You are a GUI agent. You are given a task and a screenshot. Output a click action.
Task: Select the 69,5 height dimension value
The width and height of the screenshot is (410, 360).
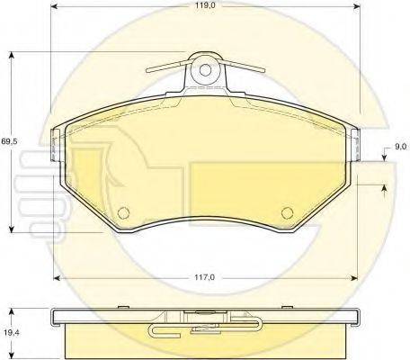pos(9,141)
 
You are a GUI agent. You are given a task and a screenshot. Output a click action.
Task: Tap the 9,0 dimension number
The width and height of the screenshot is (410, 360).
pos(399,147)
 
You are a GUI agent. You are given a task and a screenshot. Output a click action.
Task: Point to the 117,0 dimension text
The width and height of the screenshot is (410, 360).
pos(205,278)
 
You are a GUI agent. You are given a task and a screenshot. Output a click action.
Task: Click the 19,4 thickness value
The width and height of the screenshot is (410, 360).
pos(11,332)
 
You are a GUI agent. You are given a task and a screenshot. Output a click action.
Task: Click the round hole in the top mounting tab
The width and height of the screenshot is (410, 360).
pos(205,70)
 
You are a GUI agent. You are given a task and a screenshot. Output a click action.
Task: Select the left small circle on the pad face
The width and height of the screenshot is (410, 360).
pos(123,212)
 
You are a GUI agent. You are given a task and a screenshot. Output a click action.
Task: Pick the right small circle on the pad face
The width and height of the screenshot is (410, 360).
pos(288,212)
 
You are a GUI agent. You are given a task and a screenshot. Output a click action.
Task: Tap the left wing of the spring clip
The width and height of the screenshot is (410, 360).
pos(169,67)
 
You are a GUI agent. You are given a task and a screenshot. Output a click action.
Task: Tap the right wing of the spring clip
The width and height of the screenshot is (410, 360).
pos(242,66)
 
